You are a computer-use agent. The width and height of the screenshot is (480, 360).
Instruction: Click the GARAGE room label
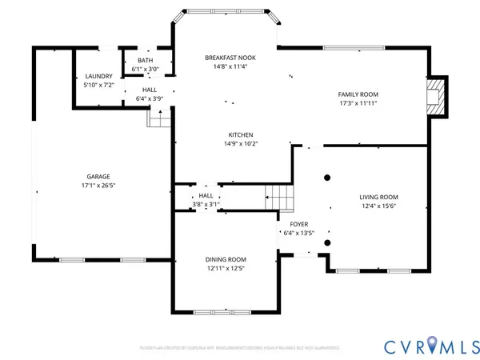click(x=98, y=176)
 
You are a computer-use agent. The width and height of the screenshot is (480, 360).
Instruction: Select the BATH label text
click(x=145, y=60)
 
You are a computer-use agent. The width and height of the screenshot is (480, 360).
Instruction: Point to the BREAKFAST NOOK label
click(x=230, y=57)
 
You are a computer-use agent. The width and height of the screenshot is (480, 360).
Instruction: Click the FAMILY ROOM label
click(x=357, y=94)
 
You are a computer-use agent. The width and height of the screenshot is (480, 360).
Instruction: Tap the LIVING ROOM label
click(x=378, y=197)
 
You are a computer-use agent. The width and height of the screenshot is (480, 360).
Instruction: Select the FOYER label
click(x=299, y=224)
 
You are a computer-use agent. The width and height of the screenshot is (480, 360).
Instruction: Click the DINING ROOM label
click(x=226, y=259)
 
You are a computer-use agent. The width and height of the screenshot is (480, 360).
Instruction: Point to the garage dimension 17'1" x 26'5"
click(x=98, y=186)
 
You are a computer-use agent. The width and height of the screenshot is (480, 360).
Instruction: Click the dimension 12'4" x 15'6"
click(x=378, y=206)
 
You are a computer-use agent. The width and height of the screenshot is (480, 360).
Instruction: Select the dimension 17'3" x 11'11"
click(x=357, y=103)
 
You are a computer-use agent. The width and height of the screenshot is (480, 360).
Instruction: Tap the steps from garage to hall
click(x=159, y=118)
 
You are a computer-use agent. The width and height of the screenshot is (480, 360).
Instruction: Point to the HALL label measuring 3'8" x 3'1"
click(x=206, y=195)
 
